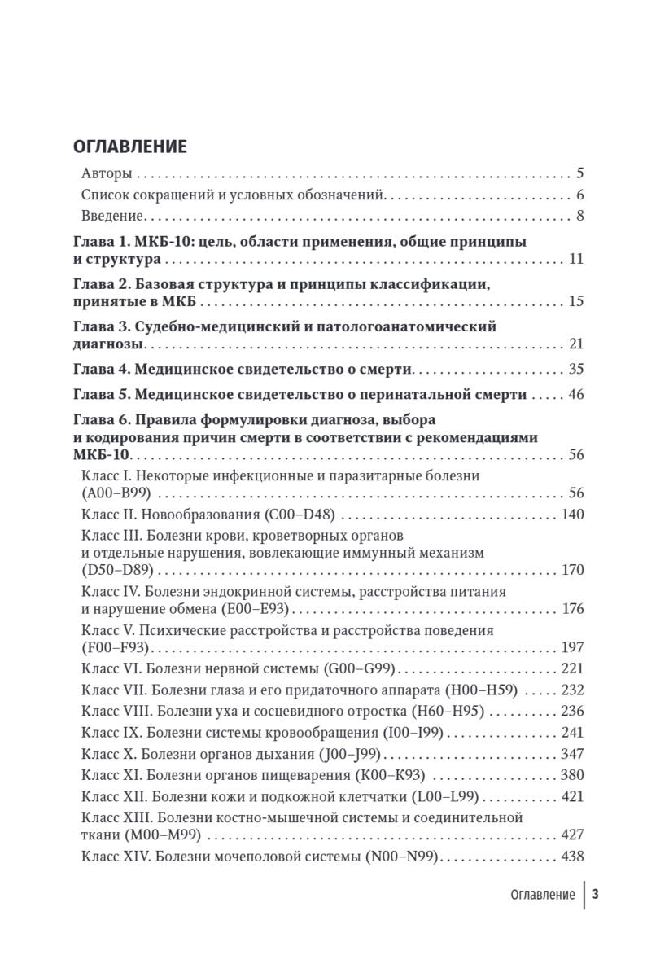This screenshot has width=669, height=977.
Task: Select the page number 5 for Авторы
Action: [579, 173]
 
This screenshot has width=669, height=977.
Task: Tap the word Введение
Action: [112, 216]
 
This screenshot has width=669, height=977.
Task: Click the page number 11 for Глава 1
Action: [576, 260]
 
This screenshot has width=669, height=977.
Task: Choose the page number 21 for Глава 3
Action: [576, 345]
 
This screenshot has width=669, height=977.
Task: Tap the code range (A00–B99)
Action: [117, 493]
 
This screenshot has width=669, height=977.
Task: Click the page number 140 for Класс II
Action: [572, 515]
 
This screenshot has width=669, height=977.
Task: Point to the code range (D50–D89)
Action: [118, 570]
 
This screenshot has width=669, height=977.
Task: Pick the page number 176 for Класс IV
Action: [572, 609]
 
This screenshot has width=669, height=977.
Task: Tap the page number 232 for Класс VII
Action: [572, 690]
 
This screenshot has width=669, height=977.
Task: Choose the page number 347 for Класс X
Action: [572, 753]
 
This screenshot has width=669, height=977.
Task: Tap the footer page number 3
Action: [596, 894]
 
